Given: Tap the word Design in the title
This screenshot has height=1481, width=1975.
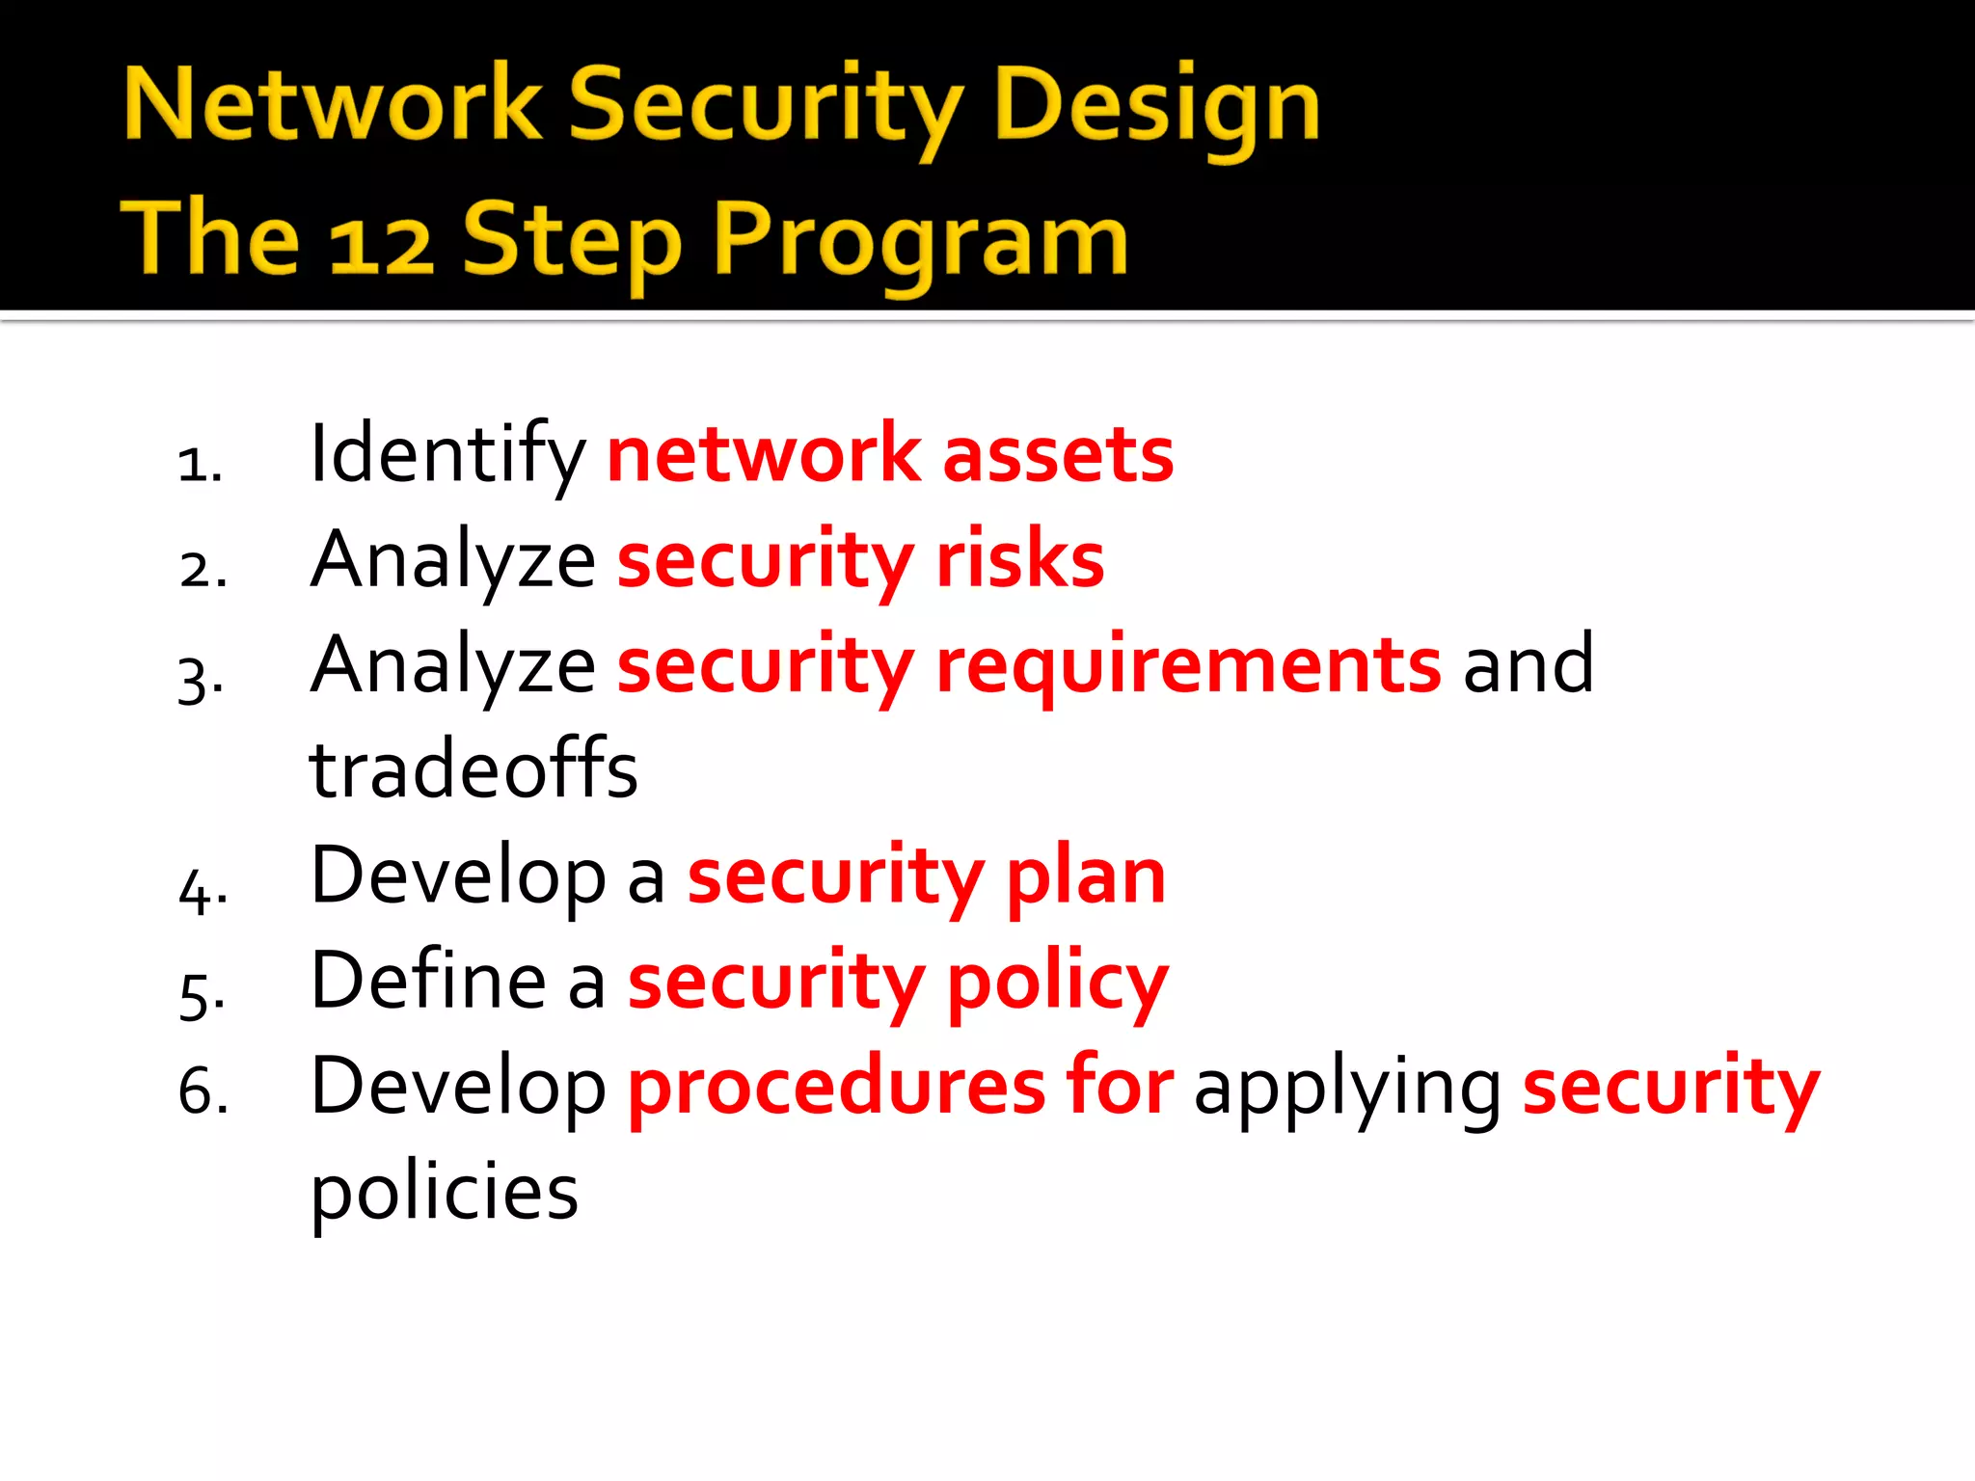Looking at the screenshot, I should pos(1156,108).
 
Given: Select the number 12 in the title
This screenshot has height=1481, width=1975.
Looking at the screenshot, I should pos(382,245).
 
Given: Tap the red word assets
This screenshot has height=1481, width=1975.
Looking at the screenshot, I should pos(1058,455).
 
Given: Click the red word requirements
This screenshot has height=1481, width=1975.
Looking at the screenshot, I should pos(1188,667).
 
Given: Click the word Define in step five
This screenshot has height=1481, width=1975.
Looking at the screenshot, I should pos(428,981).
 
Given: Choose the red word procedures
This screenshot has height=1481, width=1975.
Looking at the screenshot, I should pos(836,1088).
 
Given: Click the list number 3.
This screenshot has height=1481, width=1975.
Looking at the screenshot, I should pos(201,678).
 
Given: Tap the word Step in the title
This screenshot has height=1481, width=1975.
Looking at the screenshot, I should pos(572,243).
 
